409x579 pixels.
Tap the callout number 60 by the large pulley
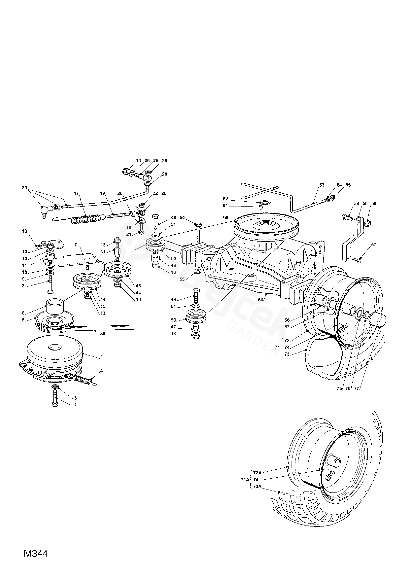pos(226,217)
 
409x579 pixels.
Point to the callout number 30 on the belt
pos(103,334)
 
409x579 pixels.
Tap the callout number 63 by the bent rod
pos(322,185)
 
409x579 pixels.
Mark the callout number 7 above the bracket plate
pos(75,245)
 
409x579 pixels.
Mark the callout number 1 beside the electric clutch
pos(102,357)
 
